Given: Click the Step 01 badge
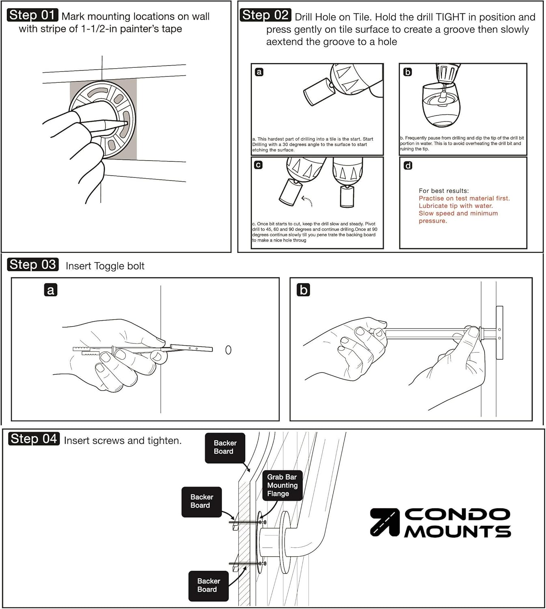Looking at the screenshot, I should coord(32,15).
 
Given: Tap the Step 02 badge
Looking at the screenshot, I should coord(265,15).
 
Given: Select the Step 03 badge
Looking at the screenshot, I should coord(33,265).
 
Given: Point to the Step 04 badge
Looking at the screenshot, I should coord(34,439).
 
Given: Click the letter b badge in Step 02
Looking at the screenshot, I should coord(408,72).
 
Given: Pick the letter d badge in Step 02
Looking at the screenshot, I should coord(408,165).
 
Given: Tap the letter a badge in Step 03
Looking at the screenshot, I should coord(50,290).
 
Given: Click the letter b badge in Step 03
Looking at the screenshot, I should coord(303,290).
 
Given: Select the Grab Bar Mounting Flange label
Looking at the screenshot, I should coord(282,485).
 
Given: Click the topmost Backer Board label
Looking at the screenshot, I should coord(225,447).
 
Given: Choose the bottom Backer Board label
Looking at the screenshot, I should coord(208,585).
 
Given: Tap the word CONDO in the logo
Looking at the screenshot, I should coord(457,515).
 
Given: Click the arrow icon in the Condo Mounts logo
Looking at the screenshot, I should coord(384,522).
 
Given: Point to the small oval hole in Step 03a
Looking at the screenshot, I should coord(228,350).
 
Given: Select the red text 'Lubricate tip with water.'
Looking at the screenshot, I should coord(455,206).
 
